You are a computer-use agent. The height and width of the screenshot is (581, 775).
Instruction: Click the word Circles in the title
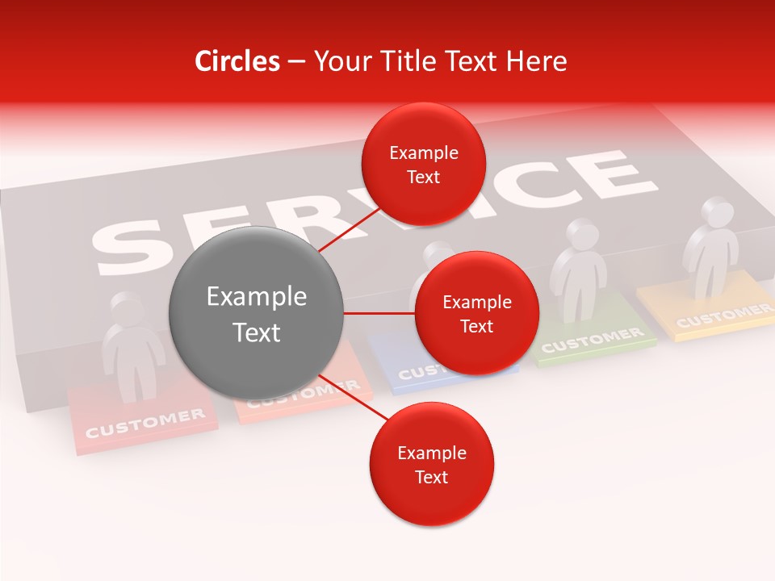237,61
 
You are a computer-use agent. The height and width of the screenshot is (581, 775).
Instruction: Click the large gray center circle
256,314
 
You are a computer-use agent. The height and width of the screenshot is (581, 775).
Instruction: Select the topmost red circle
423,164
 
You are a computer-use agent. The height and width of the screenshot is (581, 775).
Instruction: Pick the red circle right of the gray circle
476,314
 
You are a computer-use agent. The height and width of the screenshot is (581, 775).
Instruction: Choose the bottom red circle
431,464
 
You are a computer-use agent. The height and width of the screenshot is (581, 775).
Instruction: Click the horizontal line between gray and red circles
379,313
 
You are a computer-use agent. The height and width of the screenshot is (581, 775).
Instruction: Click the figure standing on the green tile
578,266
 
